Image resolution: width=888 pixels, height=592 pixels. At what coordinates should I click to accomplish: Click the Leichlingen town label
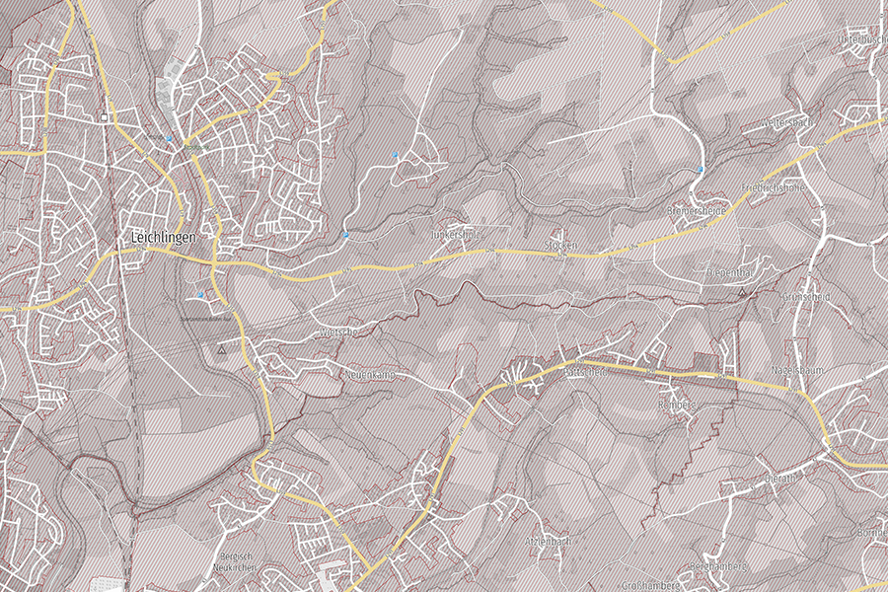[x=164, y=238]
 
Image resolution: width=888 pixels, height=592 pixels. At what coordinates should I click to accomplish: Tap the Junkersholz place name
[x=456, y=236]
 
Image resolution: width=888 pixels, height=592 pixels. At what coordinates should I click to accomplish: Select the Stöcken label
[x=560, y=244]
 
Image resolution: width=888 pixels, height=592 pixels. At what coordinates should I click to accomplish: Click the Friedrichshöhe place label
[x=774, y=187]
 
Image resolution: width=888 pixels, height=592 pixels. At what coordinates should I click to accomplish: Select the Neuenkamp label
[x=370, y=375]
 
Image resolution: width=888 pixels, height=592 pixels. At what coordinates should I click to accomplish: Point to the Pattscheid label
[x=583, y=373]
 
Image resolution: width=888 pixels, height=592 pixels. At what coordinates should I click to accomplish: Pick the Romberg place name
[x=677, y=405]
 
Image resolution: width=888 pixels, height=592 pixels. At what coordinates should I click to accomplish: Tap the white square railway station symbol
[x=104, y=118]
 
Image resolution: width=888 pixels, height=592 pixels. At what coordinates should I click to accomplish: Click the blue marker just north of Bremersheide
[x=701, y=170]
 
